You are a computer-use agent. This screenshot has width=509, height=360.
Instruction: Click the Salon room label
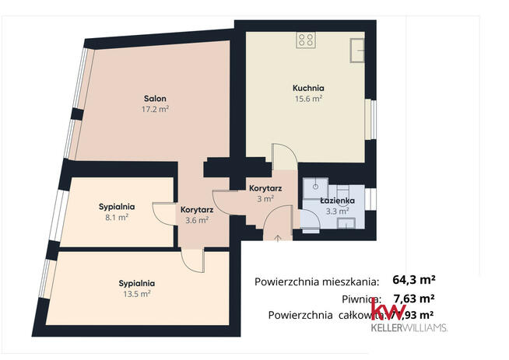point(156,98)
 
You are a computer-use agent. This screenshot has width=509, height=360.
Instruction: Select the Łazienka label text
point(338,201)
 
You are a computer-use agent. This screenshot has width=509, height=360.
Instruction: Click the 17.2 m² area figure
point(156,110)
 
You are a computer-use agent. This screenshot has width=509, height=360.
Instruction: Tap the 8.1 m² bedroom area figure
point(117,218)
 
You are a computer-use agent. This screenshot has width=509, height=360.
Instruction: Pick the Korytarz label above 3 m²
point(265,188)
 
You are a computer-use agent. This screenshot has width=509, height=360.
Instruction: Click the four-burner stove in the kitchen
point(306,39)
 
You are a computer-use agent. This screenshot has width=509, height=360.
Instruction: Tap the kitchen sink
point(357,48)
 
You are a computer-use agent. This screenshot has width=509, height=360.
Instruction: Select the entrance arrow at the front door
point(279,236)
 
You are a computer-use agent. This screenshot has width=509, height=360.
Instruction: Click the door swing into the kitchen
point(283,156)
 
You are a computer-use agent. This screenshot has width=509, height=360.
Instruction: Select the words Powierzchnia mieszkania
point(317,281)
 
